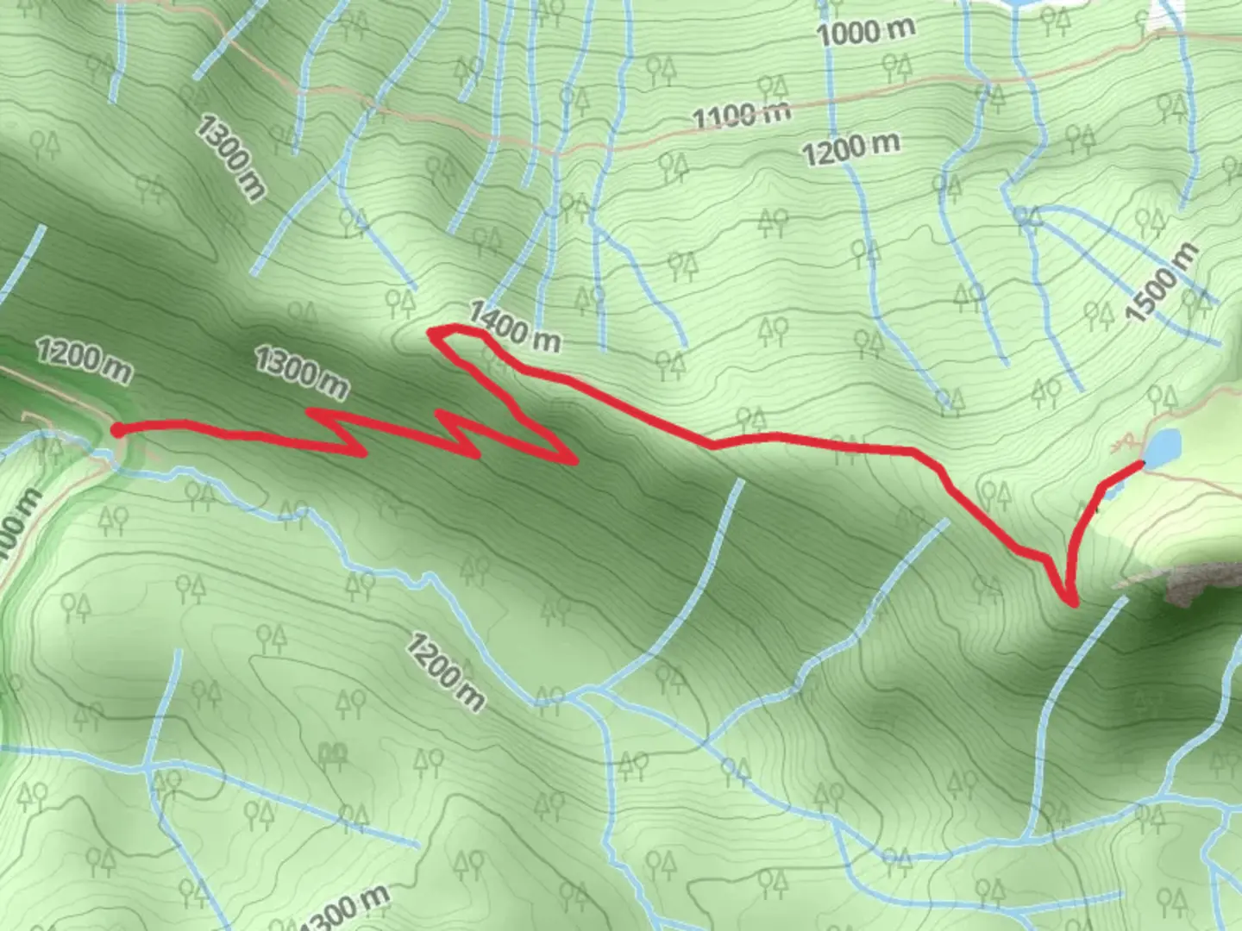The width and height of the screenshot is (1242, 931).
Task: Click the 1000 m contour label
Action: tap(865, 33)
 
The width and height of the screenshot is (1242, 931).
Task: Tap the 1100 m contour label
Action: tap(742, 115)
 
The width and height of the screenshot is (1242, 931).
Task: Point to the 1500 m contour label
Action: tap(1163, 283)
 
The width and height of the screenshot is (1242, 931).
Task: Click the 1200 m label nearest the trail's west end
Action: tap(84, 360)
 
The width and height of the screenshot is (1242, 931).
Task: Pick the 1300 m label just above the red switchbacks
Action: tap(301, 372)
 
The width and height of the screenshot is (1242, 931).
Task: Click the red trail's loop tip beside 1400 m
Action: tap(433, 331)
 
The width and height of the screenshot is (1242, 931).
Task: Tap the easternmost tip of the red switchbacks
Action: tap(573, 459)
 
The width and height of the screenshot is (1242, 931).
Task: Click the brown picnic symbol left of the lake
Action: tap(1124, 445)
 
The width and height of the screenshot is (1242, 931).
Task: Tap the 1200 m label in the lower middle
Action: tap(444, 672)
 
